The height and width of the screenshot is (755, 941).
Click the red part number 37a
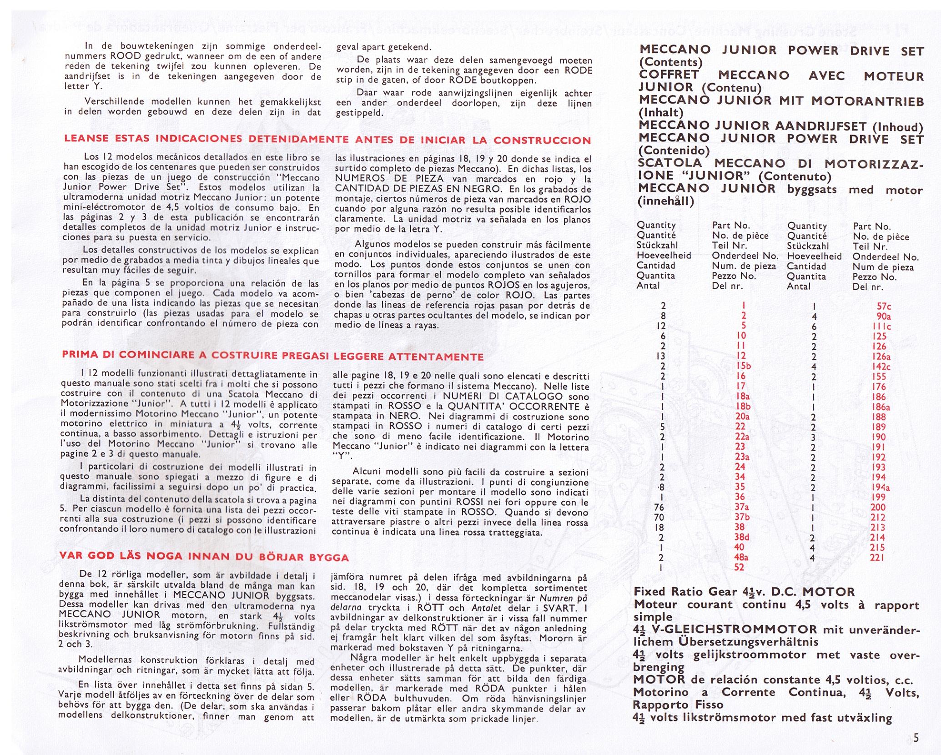(x=741, y=507)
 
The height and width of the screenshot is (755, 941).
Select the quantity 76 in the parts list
(x=659, y=508)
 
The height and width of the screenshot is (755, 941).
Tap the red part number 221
(x=877, y=557)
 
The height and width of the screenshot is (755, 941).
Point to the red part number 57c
(x=883, y=307)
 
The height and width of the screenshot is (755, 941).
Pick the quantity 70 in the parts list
(x=659, y=518)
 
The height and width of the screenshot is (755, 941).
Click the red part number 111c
(x=882, y=327)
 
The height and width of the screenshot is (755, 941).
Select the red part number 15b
(x=744, y=366)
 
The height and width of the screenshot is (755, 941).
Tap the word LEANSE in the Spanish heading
(x=86, y=138)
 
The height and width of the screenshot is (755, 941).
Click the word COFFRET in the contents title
(x=669, y=75)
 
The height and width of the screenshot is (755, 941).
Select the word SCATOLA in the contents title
(x=670, y=163)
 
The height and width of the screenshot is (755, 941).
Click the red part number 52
(x=739, y=567)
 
